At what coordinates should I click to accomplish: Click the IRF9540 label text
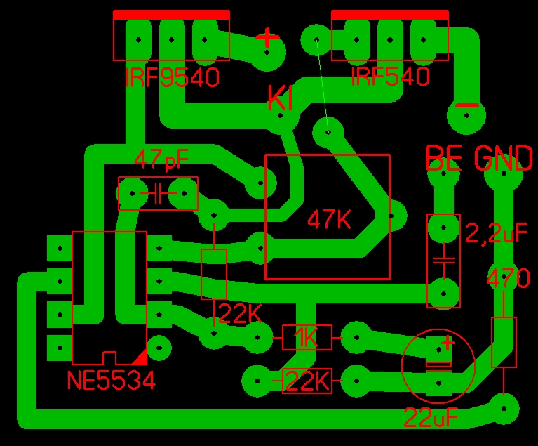pos(172,77)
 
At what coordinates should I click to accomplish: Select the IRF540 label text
pos(390,77)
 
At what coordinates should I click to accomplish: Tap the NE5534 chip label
pos(111,381)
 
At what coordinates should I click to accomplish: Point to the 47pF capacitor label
pos(161,159)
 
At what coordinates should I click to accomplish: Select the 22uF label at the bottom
pos(431,418)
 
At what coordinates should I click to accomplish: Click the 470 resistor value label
pos(509,279)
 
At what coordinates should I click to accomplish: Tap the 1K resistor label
pos(306,339)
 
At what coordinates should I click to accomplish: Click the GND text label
pos(504,159)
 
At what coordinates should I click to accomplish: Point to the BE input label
pos(444,159)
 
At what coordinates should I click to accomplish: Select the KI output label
pos(280,99)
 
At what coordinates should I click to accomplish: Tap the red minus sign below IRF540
pos(466,106)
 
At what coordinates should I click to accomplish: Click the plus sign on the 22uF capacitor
pos(447,343)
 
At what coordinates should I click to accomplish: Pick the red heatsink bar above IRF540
pos(389,15)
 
